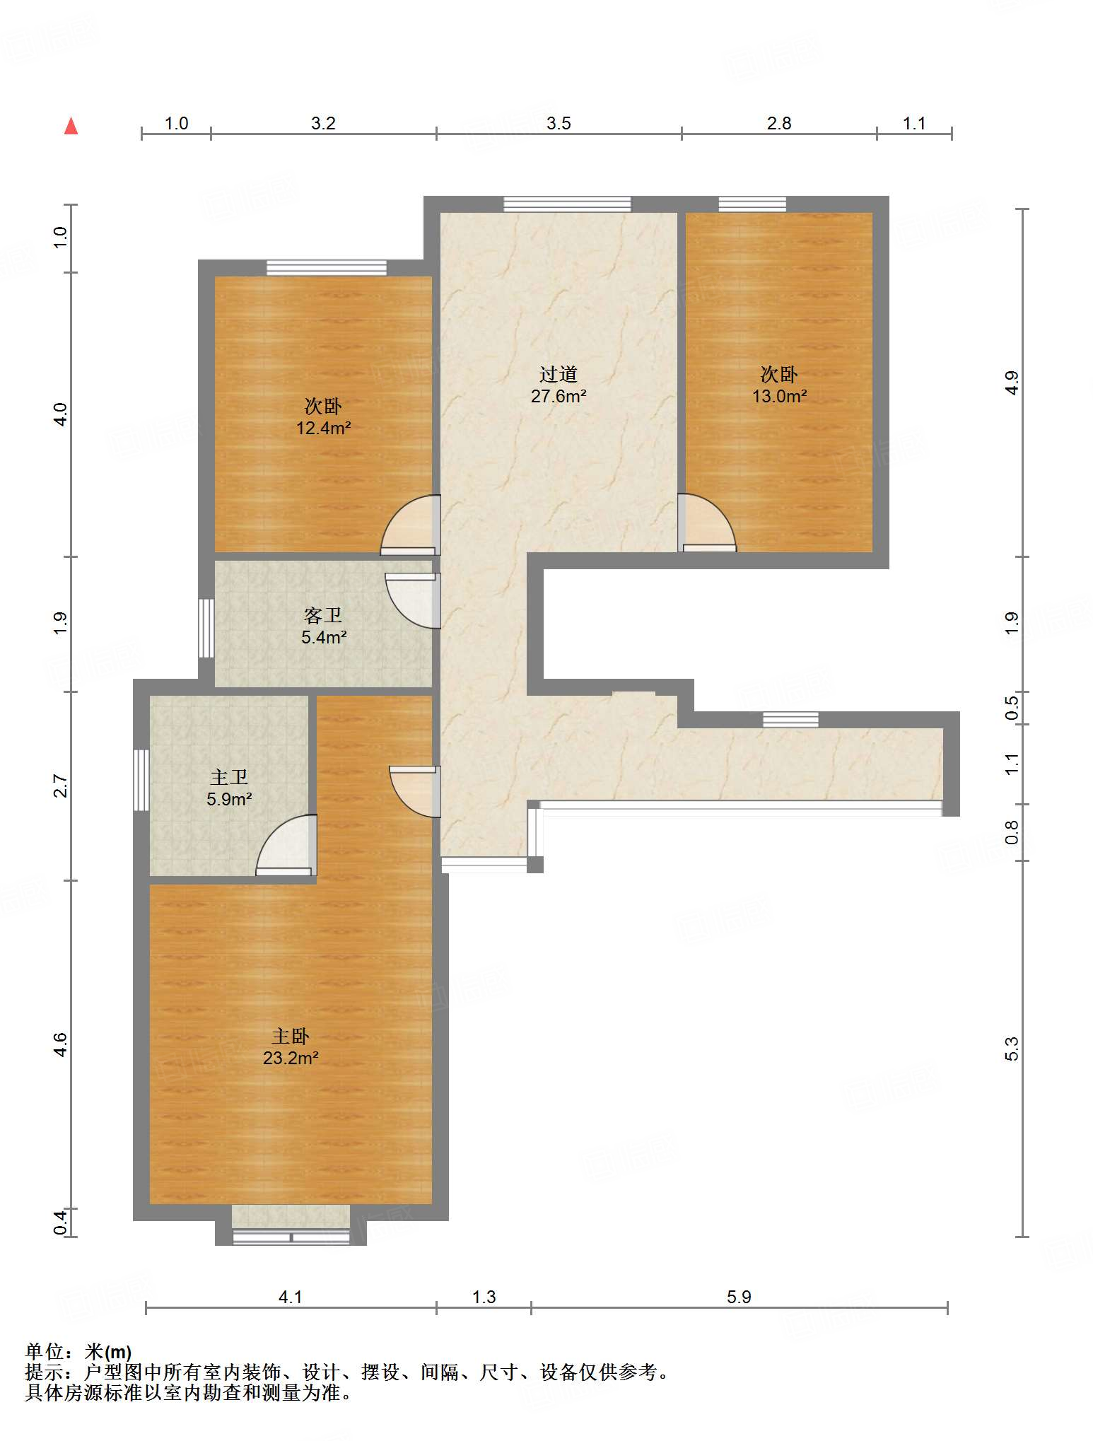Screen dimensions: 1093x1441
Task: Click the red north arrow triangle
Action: point(71,126)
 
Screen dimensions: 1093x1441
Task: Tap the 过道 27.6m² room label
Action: point(559,385)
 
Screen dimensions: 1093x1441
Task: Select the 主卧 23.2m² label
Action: point(291,1047)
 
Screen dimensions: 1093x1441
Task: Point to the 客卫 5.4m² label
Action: point(324,626)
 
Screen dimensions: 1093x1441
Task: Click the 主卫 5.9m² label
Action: point(229,788)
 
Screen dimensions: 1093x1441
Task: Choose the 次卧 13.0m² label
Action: point(779,385)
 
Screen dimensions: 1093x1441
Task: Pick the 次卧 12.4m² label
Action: point(324,417)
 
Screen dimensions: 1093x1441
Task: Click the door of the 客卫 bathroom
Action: point(413,600)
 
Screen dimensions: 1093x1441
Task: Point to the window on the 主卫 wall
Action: point(141,780)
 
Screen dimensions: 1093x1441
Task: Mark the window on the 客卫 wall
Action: point(206,628)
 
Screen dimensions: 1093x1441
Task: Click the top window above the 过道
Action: point(567,204)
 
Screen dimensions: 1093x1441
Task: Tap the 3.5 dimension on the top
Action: point(559,124)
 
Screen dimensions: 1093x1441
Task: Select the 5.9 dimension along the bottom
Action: point(739,1297)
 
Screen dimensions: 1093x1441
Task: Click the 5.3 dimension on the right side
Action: point(1012,1049)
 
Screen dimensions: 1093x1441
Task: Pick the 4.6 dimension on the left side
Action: point(61,1044)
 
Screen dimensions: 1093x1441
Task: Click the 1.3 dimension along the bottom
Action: point(484,1297)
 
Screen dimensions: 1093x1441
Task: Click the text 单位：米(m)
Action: point(78,1352)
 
